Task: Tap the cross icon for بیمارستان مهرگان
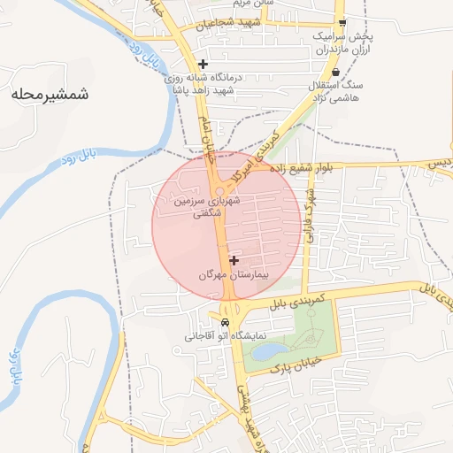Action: pos(234,261)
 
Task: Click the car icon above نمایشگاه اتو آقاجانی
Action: pos(226,322)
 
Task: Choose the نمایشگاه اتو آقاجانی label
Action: pos(213,336)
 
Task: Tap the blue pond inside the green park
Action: pos(265,352)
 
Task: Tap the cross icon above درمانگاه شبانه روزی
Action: pos(203,64)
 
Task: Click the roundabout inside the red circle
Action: pos(218,193)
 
